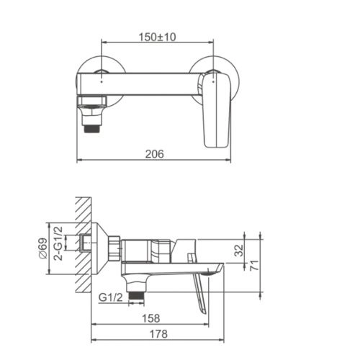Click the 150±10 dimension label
(x=157, y=37)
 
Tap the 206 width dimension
(x=155, y=154)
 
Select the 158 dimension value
(x=151, y=318)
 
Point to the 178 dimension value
(x=158, y=334)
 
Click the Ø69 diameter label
(x=43, y=248)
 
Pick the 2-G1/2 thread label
(x=58, y=243)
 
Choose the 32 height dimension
(x=238, y=251)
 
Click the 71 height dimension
(x=254, y=265)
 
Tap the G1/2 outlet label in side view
(x=111, y=297)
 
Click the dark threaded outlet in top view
(x=92, y=129)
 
